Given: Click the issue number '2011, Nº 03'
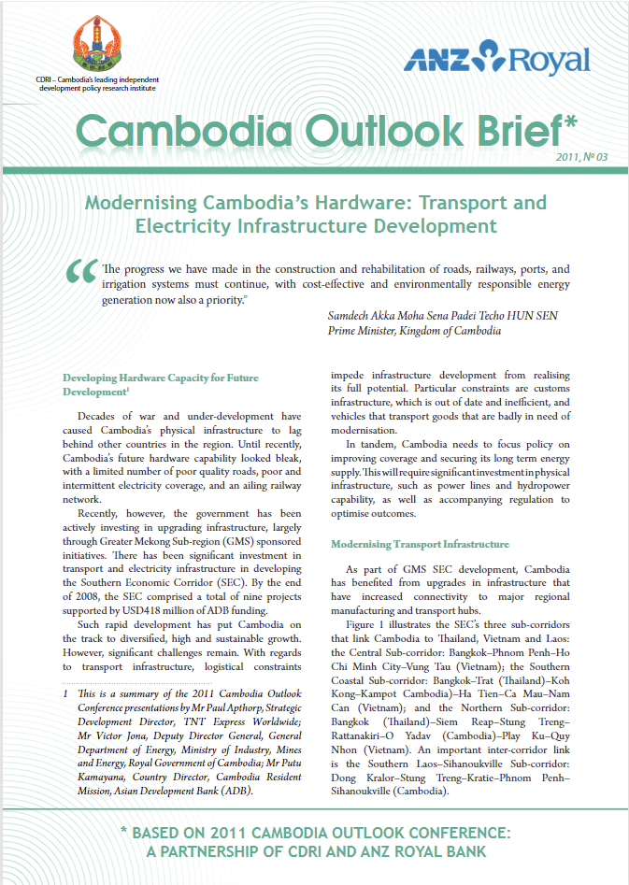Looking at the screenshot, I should coord(581,156).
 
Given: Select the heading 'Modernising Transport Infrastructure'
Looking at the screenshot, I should coord(420,544).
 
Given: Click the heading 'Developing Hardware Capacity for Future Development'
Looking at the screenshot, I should coord(160,385).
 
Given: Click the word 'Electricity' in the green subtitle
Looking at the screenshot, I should coord(190,225).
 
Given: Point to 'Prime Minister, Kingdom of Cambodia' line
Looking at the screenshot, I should coord(415,330).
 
